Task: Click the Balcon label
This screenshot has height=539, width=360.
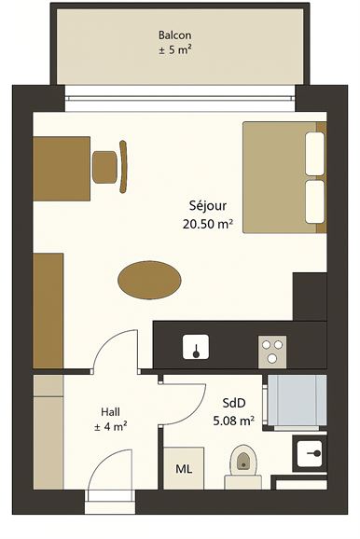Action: point(174,35)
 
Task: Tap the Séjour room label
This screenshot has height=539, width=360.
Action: point(208,205)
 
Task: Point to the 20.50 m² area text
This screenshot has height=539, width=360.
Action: point(208,225)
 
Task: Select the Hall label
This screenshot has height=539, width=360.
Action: point(110,411)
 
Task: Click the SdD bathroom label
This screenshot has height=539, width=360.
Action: point(234,403)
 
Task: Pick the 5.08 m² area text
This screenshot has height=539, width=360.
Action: point(234,421)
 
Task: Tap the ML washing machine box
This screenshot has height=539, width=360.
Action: point(184,468)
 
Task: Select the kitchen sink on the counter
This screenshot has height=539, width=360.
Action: point(196,347)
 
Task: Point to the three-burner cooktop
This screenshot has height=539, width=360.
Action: point(272,352)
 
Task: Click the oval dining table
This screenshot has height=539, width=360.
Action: point(149,280)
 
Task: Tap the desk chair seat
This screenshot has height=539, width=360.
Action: point(104,167)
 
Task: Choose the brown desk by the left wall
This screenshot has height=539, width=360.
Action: point(62,169)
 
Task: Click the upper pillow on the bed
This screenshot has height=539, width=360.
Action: point(315,154)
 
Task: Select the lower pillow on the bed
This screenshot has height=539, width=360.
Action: point(315,201)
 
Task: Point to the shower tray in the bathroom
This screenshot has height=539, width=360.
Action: point(297,400)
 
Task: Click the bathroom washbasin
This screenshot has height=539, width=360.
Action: point(310,454)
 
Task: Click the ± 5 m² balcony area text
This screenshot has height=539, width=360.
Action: point(174,50)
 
